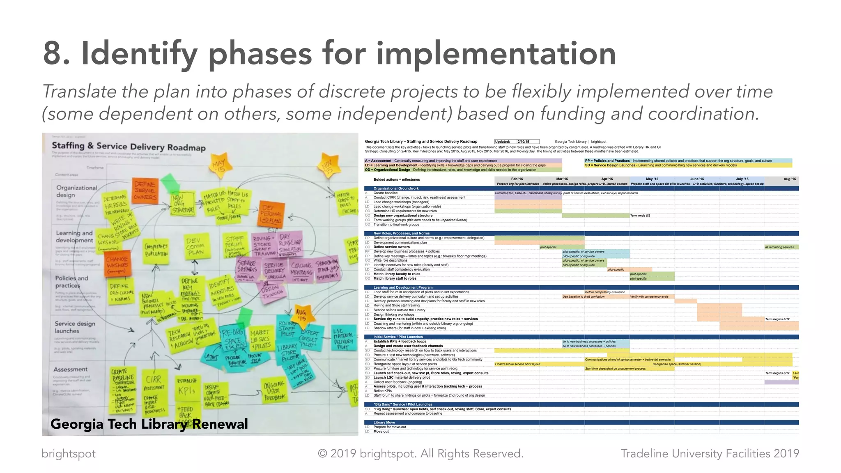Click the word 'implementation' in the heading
tap(496, 53)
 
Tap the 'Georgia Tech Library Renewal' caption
tap(149, 424)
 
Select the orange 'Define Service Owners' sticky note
tap(145, 191)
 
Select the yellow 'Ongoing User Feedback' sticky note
tap(274, 390)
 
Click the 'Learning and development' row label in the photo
tap(75, 236)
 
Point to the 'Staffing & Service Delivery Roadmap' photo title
tap(129, 147)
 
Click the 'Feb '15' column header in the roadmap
tap(517, 179)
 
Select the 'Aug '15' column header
tap(789, 179)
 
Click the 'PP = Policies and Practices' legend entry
tap(608, 161)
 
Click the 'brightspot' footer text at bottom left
tap(69, 454)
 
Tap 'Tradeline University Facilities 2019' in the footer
tap(710, 454)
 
